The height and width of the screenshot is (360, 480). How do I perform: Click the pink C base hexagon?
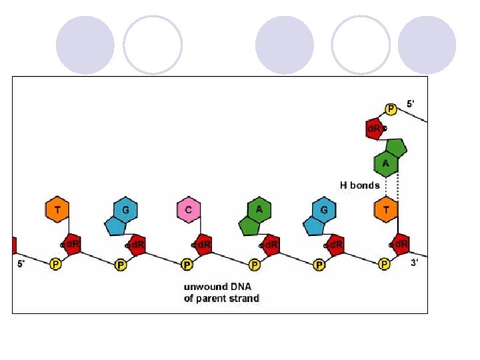tap(189, 211)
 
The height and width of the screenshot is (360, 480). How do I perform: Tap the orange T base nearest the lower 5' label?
tap(57, 211)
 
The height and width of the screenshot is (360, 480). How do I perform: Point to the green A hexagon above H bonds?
tap(385, 163)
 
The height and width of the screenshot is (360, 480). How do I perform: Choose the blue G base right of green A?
tap(323, 211)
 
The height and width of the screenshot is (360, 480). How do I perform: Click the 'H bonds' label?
tap(359, 185)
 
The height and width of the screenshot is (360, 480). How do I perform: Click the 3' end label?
tap(415, 263)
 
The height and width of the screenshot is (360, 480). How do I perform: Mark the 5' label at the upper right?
tap(411, 104)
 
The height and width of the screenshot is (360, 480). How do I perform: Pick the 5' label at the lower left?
tap(22, 263)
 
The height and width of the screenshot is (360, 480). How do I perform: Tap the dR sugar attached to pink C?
tap(203, 245)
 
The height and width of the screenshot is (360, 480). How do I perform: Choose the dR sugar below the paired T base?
tap(401, 245)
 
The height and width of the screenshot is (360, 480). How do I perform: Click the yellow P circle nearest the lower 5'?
tap(57, 265)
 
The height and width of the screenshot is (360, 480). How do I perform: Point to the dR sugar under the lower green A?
tap(270, 245)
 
